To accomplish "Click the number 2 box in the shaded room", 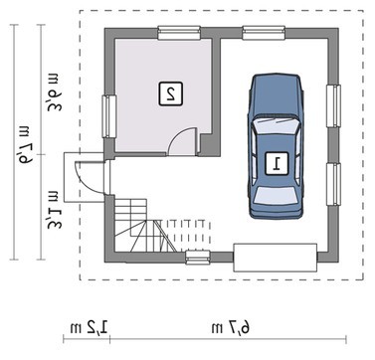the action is click(x=170, y=93).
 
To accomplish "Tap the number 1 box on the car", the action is click(x=277, y=163).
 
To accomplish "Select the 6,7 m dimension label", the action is click(x=231, y=327).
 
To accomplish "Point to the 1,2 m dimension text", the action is click(x=89, y=327).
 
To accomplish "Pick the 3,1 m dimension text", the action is click(x=54, y=211).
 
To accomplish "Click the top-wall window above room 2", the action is click(x=179, y=33).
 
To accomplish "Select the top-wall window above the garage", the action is click(x=264, y=33).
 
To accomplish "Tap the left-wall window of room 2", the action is click(x=109, y=116).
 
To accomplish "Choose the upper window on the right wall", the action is click(x=333, y=106).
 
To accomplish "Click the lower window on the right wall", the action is click(x=333, y=184).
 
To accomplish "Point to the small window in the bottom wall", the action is click(x=198, y=258).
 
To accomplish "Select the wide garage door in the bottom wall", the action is click(x=276, y=258).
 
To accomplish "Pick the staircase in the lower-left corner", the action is click(x=146, y=226).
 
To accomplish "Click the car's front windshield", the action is click(x=276, y=124).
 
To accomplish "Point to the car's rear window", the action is click(x=277, y=196).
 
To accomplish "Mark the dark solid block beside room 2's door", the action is click(x=209, y=145).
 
